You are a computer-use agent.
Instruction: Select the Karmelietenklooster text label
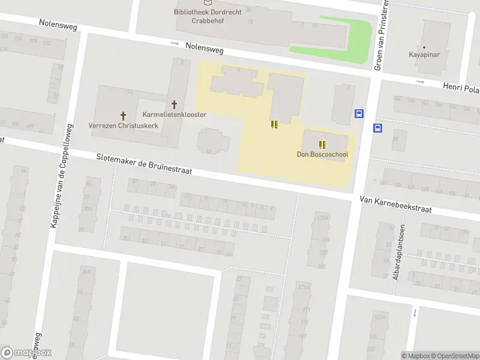[x=175, y=115]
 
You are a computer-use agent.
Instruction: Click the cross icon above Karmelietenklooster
[x=175, y=104]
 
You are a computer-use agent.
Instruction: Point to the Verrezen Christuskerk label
[x=123, y=125]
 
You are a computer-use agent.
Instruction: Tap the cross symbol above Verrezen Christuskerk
[x=124, y=115]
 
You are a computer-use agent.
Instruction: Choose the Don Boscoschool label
[x=322, y=154]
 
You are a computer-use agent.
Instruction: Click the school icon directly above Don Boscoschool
[x=322, y=144]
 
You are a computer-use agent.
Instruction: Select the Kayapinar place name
[x=424, y=55]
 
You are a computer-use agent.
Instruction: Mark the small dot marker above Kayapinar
[x=424, y=47]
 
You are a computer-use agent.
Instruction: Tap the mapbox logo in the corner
[x=26, y=353]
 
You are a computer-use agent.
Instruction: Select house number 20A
[x=88, y=209]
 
